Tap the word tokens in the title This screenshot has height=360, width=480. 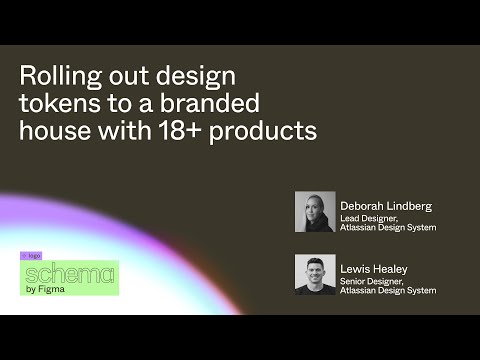point(55,103)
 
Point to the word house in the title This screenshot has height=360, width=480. point(53,130)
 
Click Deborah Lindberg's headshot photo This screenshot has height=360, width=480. point(315,212)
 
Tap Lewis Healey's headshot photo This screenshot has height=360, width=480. point(315,274)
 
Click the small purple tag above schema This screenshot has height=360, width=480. point(31,256)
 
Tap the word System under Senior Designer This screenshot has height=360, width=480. point(420,290)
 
